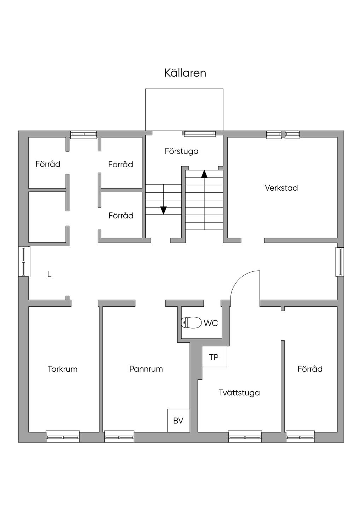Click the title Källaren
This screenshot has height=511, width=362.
185,73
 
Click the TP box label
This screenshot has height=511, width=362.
214,357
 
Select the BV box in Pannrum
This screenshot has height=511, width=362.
178,420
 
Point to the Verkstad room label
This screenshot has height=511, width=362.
281,188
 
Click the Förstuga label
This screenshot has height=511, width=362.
181,151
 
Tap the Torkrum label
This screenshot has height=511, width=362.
63,369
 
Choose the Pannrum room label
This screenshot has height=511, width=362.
146,369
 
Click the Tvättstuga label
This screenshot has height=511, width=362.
239,392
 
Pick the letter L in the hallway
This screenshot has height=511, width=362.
49,274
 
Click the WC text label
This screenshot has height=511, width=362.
211,323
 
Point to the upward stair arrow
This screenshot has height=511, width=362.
204,174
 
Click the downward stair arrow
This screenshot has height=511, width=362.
163,210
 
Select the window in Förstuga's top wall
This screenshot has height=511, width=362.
199,133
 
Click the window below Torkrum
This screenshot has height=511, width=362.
63,437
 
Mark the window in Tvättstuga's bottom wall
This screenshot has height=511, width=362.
245,437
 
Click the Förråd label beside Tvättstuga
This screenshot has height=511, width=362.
310,369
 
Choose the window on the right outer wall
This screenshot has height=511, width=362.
340,261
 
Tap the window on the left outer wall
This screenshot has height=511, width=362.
24,261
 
